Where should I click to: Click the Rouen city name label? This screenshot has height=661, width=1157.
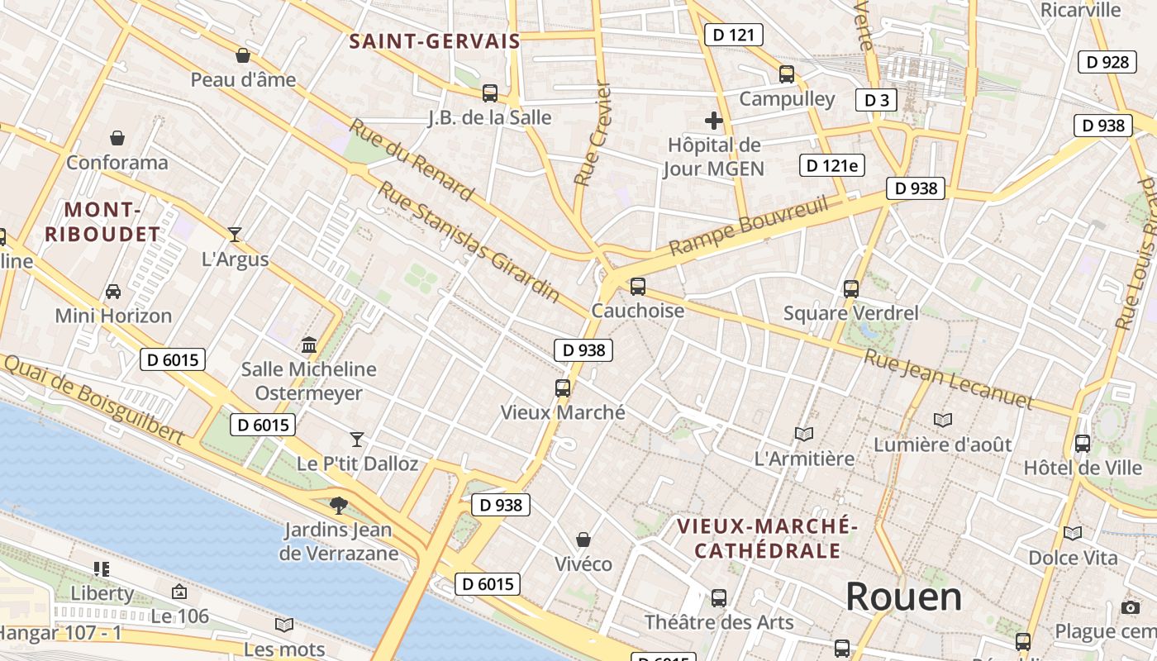point(903,596)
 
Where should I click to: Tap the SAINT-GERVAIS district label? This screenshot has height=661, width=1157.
point(435,41)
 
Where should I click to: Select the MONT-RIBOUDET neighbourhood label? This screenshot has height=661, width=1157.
point(102,221)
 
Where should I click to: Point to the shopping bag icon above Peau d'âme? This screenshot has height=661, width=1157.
point(243,55)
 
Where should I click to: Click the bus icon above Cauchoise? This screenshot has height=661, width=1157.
point(637,287)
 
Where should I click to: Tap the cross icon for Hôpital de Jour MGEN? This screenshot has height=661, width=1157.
point(714,121)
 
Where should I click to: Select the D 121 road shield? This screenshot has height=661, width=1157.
point(733,35)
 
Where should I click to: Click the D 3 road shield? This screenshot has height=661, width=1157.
point(876,100)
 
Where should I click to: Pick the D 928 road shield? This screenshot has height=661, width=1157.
point(1107,62)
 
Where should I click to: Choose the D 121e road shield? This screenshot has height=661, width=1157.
point(833,165)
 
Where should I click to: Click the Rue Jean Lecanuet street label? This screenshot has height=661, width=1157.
point(948,379)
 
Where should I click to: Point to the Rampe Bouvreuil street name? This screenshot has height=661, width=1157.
point(748,226)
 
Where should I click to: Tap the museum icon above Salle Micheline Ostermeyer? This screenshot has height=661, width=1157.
point(309,345)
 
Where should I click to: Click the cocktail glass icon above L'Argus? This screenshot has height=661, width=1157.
point(235,235)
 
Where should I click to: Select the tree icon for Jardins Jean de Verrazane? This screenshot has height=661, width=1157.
point(338,505)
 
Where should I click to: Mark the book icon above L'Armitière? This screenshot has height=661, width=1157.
point(804,434)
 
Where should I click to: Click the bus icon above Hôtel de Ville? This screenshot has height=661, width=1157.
point(1082,443)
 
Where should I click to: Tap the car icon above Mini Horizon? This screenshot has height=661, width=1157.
point(113,292)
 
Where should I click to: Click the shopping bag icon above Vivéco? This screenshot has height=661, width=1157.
point(583,540)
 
